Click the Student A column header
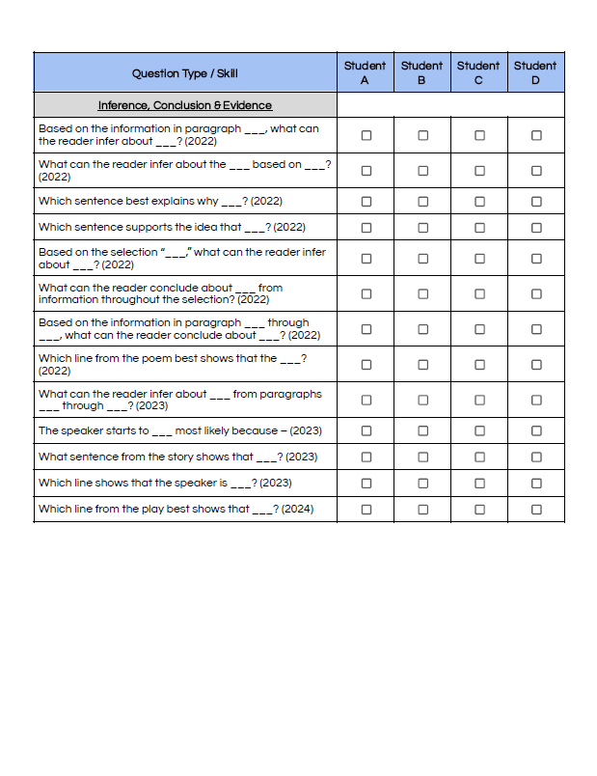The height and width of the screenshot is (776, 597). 365,72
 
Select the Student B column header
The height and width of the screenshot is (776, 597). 421,72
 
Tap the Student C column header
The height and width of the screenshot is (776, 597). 478,72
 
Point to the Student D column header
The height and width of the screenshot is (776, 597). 535,72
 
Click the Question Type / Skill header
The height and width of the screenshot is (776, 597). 184,73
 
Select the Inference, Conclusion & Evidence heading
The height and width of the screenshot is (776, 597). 184,105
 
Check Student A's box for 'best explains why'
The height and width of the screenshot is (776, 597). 366,202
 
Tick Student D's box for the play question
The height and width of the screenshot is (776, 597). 536,510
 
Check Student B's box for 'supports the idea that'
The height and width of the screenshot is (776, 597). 422,228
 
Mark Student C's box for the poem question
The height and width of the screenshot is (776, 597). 479,365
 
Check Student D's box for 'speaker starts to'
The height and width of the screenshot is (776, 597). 536,431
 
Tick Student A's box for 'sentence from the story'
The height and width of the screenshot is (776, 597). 366,457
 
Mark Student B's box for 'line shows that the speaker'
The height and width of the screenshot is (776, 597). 422,484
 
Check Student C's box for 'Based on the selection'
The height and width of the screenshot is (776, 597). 479,259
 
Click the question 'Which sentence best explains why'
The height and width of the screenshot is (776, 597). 160,202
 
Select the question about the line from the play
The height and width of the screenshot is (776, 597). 176,510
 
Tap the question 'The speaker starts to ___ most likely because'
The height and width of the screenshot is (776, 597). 180,431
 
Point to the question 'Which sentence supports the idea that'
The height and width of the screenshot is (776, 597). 172,228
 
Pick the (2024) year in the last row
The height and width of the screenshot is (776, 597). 297,510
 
